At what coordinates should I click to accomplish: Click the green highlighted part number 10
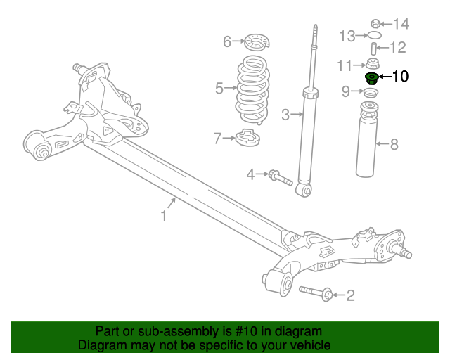[x=371, y=77]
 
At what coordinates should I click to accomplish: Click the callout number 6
[x=227, y=42]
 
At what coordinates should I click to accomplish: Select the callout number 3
[x=285, y=114]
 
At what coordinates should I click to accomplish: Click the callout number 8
[x=394, y=146]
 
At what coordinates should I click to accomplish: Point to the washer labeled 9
[x=371, y=93]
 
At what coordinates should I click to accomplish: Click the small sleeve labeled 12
[x=373, y=49]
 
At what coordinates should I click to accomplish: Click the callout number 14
[x=400, y=25]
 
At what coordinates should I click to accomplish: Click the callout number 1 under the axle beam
[x=164, y=216]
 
